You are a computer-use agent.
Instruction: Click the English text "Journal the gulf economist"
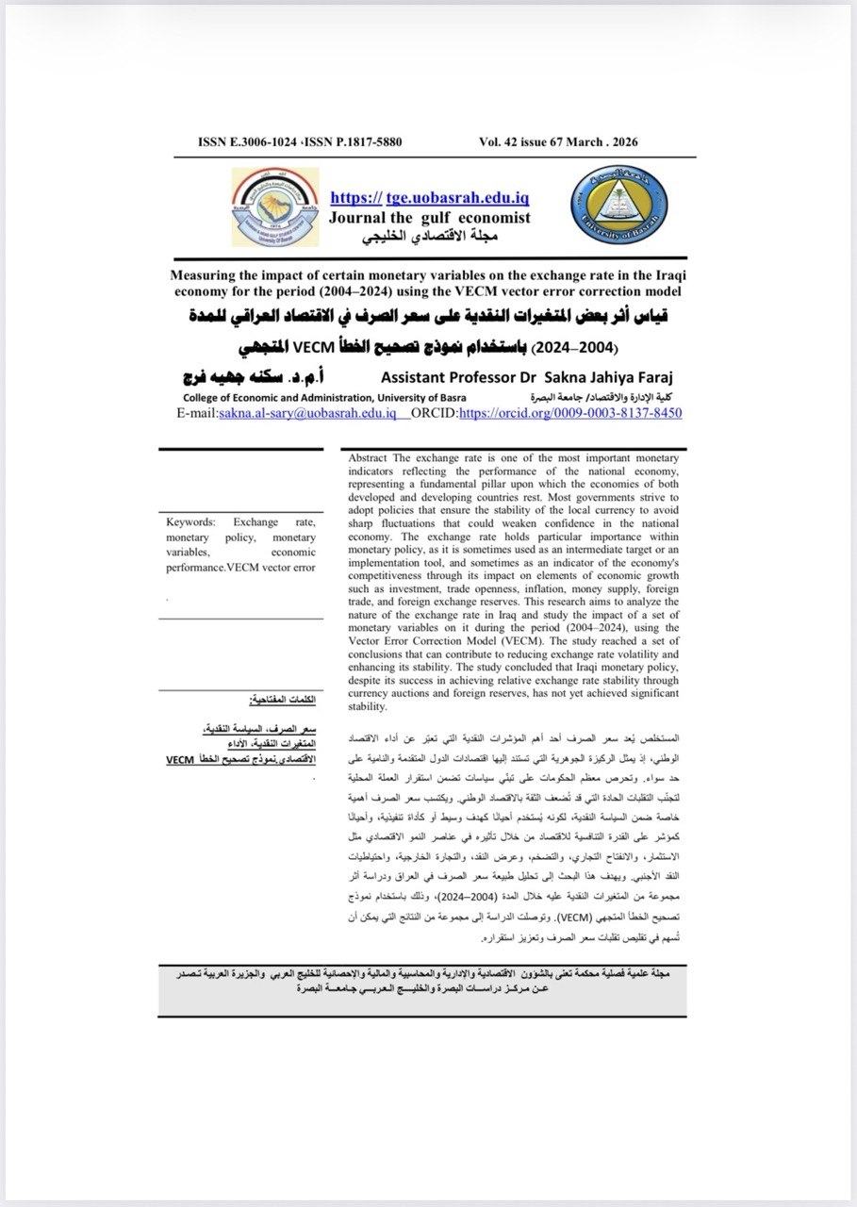pos(429,218)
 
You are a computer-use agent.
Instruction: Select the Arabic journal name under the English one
pos(429,235)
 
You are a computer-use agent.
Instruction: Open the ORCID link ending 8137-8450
pos(569,414)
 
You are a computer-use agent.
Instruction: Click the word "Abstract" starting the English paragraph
pos(368,457)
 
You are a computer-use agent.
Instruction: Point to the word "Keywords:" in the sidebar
pos(191,521)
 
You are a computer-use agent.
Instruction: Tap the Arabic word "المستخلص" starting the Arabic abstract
pos(656,734)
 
